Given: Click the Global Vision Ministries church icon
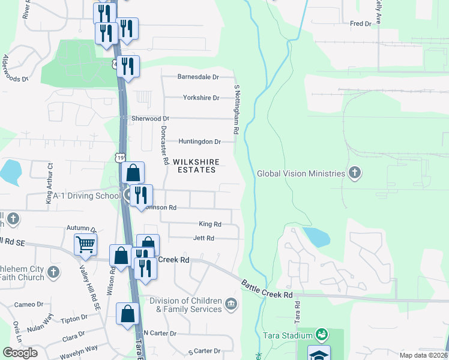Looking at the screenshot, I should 355,173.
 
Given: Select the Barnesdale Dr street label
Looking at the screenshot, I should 198,77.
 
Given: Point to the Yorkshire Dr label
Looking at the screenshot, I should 201,97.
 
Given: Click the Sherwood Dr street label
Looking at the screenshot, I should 151,119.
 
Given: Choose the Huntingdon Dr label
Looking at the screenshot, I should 200,142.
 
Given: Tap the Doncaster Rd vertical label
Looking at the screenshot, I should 163,146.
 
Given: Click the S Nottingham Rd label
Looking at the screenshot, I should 237,109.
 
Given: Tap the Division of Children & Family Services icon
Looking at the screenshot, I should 231,305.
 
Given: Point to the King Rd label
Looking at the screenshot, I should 210,224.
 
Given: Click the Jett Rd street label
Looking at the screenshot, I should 203,238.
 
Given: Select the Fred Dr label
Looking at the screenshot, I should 361,23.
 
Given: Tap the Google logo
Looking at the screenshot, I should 20,353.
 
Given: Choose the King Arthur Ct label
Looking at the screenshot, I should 50,183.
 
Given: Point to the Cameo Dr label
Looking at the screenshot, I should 29,304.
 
